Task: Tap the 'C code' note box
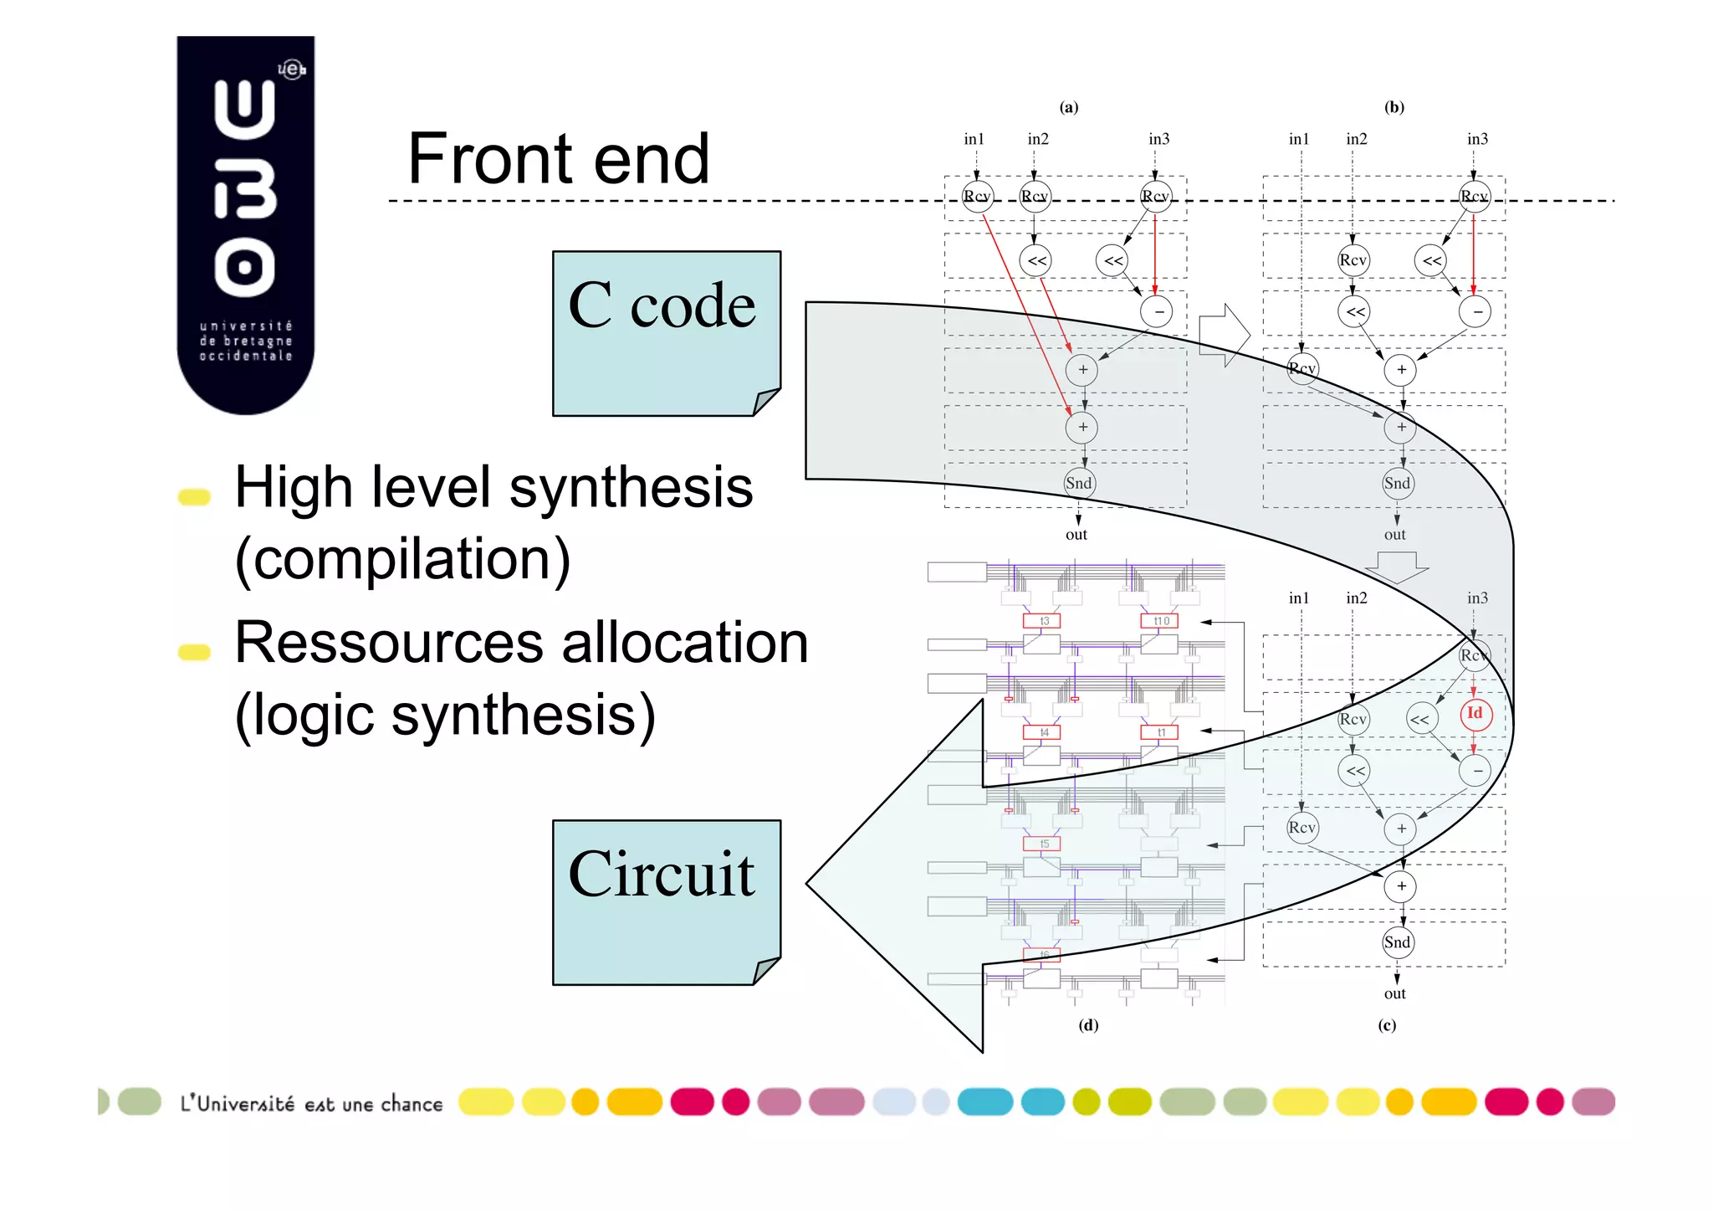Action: tap(666, 333)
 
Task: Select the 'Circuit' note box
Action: tap(666, 902)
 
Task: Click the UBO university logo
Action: tap(246, 224)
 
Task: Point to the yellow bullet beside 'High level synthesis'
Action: tap(194, 497)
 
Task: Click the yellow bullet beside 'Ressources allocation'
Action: tap(194, 652)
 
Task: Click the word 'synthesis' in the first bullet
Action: tap(631, 487)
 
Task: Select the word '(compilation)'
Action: tap(402, 559)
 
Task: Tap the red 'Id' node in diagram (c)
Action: tap(1475, 713)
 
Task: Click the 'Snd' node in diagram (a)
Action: tap(1079, 483)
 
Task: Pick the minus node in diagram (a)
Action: tap(1157, 312)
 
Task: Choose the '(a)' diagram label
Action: tap(1069, 107)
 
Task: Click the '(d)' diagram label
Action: tap(1088, 1025)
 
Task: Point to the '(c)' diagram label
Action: tap(1387, 1025)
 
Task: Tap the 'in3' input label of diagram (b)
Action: tap(1477, 139)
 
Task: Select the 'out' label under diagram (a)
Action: tap(1076, 535)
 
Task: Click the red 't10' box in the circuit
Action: tap(1160, 621)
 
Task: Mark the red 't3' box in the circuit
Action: tap(1042, 621)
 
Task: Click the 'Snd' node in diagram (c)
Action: tap(1398, 942)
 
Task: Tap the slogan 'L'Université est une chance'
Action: tap(311, 1104)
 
